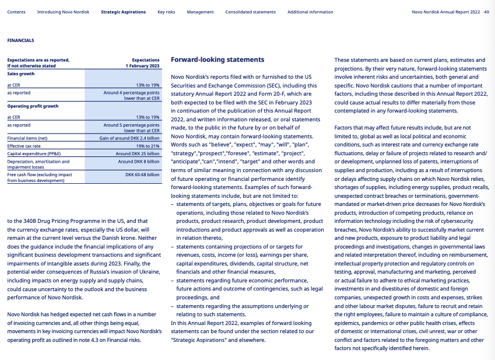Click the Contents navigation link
(x=16, y=12)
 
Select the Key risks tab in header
(x=166, y=12)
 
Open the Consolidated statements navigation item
(x=250, y=12)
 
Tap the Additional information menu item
(x=310, y=12)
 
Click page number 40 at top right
(x=486, y=12)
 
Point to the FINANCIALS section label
(x=20, y=40)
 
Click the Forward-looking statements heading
(x=217, y=60)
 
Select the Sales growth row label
(x=21, y=74)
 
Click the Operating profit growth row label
(x=33, y=106)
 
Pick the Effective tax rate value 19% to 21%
(x=148, y=146)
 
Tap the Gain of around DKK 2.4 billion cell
(x=129, y=138)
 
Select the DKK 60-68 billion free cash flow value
(x=142, y=174)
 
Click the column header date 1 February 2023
(x=142, y=66)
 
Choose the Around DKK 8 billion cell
(x=138, y=161)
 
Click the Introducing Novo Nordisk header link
(x=63, y=12)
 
